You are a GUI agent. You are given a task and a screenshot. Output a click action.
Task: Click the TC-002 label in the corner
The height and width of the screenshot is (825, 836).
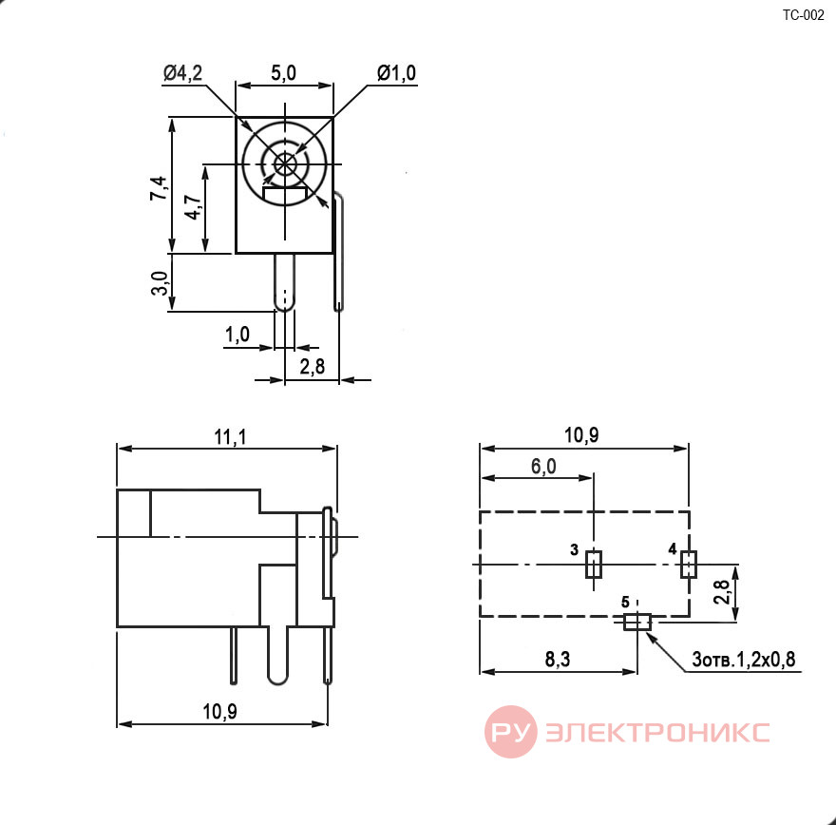coord(803,15)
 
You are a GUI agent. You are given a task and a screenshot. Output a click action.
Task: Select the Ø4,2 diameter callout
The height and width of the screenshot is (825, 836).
coord(182,73)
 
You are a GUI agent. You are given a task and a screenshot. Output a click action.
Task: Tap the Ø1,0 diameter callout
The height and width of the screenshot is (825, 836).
coord(396,73)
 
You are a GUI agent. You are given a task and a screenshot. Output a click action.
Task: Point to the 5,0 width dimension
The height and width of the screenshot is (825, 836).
coord(283,73)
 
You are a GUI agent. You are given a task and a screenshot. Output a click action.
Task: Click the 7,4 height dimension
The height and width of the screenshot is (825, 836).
coord(159,188)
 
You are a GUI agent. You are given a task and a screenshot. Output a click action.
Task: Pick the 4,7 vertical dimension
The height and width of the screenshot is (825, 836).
coord(193,207)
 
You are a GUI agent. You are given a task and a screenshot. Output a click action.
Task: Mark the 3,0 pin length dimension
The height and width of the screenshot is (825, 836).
coord(160,283)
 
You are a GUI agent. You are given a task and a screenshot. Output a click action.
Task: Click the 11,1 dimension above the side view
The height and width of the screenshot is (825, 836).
coord(230,437)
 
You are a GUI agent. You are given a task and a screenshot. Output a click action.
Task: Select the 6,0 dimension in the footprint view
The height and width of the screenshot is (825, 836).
coord(543,467)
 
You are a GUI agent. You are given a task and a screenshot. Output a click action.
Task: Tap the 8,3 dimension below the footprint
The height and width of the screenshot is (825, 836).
coord(557,660)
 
